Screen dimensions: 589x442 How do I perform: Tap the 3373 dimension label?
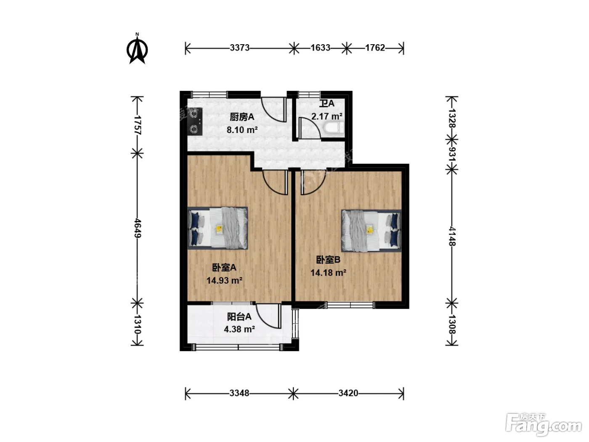click(240, 48)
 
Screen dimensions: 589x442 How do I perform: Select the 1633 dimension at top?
click(320, 48)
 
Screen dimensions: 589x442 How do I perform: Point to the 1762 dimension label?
click(375, 48)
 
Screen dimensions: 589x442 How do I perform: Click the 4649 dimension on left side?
click(138, 228)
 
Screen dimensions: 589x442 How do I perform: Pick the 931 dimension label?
click(452, 154)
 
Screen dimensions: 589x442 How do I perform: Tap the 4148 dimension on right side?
click(452, 237)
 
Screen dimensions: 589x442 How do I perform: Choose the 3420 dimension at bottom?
click(348, 393)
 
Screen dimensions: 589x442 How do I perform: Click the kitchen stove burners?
click(194, 122)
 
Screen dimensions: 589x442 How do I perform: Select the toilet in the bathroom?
click(334, 128)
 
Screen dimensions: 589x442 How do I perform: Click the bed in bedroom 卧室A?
click(218, 228)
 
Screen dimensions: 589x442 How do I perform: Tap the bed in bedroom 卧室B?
click(371, 231)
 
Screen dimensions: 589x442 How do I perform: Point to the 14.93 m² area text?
click(224, 280)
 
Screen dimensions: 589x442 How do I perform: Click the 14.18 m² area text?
click(328, 273)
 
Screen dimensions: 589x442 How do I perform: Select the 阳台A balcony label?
click(239, 317)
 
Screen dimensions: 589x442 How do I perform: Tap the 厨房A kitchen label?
click(242, 117)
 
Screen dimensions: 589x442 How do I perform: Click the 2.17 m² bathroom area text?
click(326, 117)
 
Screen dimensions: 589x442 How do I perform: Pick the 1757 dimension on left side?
click(138, 125)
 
